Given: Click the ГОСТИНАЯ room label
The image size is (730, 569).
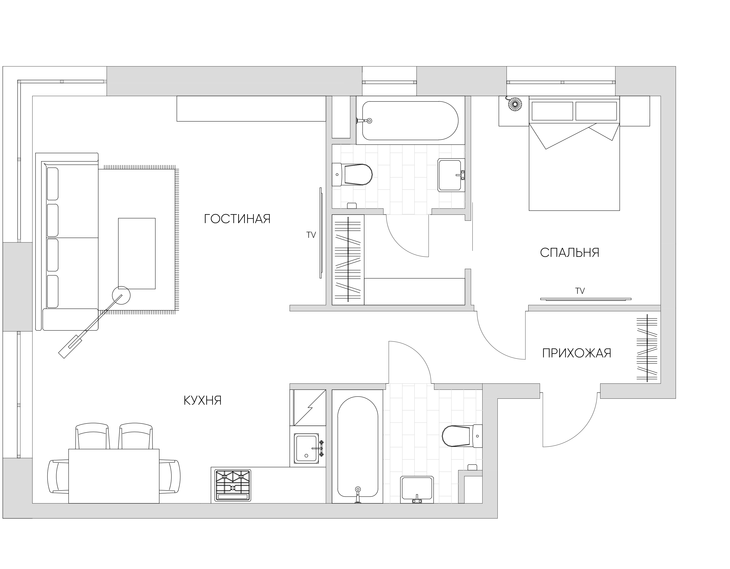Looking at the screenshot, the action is click(237, 219).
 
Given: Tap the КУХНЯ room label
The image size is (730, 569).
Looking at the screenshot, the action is click(203, 400).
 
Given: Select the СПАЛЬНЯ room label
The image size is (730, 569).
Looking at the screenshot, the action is click(570, 252).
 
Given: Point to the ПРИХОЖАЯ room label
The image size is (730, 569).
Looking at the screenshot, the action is click(577, 353).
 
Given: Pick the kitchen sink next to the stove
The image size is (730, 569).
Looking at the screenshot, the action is click(307, 448).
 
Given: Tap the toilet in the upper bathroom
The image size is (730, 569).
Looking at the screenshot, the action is click(352, 174).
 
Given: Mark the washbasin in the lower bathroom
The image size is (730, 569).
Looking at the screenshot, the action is click(417, 490).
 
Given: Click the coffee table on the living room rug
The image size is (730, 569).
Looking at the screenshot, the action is click(137, 253).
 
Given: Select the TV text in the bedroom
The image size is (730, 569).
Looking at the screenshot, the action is click(580, 291).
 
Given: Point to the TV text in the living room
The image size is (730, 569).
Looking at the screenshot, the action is click(311, 235).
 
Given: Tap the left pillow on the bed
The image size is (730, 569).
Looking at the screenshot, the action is click(552, 111).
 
